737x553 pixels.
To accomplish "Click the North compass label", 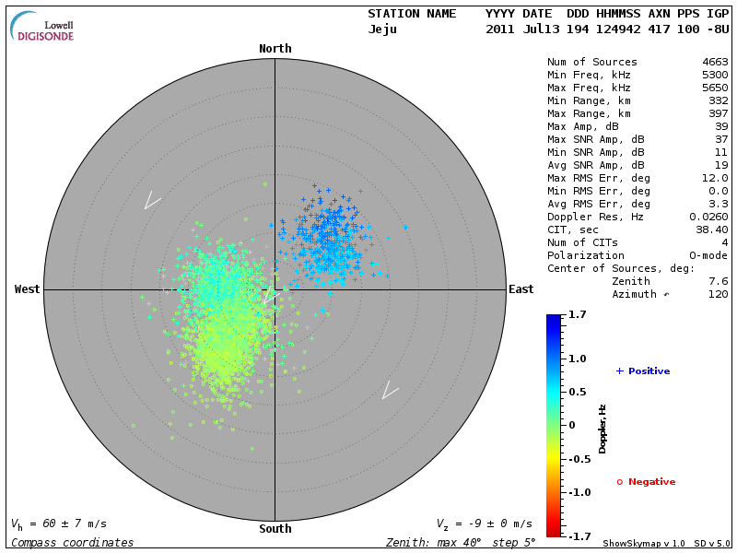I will [x=275, y=49].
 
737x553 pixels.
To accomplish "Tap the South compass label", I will [x=275, y=529].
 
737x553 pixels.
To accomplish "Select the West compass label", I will [x=28, y=289].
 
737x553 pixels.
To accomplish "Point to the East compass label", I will [x=521, y=289].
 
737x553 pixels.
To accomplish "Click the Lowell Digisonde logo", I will [x=42, y=27].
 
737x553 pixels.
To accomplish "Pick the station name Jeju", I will [x=383, y=29].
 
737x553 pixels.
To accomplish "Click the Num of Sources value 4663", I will [x=715, y=63].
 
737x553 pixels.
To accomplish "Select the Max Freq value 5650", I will [x=715, y=88].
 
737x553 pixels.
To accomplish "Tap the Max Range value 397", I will [x=718, y=114].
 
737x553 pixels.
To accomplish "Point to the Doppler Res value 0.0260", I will [x=708, y=217].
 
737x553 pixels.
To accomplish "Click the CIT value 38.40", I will [x=711, y=229].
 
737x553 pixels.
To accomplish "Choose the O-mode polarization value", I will [x=705, y=255].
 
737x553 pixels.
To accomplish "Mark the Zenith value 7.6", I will [x=718, y=281].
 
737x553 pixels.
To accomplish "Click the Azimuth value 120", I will [x=718, y=294].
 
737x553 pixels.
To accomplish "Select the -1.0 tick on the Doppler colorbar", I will [x=578, y=492].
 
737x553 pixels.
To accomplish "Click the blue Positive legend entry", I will [x=643, y=371].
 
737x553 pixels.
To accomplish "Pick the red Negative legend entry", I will [x=646, y=482].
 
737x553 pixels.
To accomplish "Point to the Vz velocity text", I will [x=484, y=524].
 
